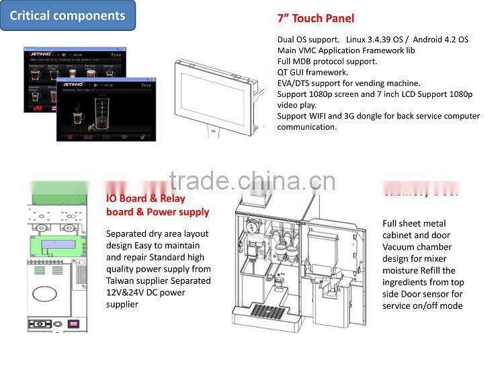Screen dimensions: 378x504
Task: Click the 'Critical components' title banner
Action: point(67,15)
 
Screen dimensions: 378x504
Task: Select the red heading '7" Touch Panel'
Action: point(315,18)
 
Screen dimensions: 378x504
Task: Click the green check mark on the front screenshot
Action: point(142,137)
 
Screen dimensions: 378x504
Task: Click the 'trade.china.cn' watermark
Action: point(252,181)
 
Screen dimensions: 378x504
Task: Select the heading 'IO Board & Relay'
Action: point(146,198)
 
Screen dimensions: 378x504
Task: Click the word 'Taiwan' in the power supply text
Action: point(122,280)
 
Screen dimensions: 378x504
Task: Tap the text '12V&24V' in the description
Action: point(125,293)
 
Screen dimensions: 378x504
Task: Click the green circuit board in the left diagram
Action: point(60,238)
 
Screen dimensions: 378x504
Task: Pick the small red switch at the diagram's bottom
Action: point(75,324)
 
